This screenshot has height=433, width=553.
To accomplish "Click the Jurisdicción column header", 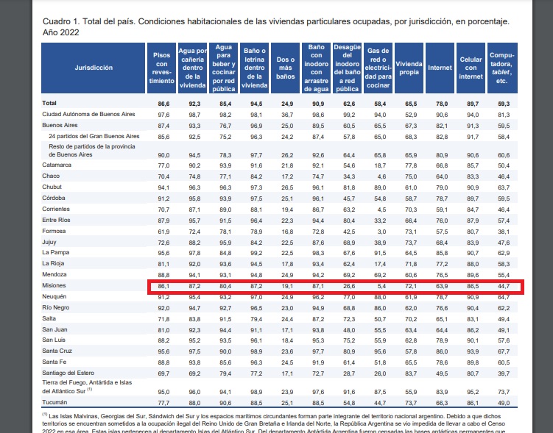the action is pyautogui.click(x=94, y=68).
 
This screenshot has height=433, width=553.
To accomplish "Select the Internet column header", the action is pyautogui.click(x=440, y=68).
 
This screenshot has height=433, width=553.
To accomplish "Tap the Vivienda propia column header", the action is pyautogui.click(x=409, y=68).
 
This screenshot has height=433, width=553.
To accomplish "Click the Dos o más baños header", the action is pyautogui.click(x=285, y=68).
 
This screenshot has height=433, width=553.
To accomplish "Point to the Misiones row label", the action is pyautogui.click(x=54, y=285).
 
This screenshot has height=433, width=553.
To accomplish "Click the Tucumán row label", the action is pyautogui.click(x=54, y=402).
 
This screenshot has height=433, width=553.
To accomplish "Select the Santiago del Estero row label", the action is pyautogui.click(x=68, y=373).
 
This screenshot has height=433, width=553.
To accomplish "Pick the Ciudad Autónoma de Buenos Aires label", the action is pyautogui.click(x=88, y=114).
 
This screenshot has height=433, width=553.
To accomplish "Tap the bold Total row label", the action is pyautogui.click(x=49, y=103).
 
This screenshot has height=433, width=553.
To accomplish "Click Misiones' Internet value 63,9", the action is pyautogui.click(x=442, y=286).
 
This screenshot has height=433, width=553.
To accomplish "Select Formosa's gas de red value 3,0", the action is pyautogui.click(x=381, y=232).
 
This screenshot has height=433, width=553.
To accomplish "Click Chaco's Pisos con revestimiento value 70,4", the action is pyautogui.click(x=163, y=176).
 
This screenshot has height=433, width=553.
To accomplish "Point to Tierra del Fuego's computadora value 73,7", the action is pyautogui.click(x=504, y=392).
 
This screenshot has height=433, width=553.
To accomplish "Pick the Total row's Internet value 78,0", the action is pyautogui.click(x=442, y=104).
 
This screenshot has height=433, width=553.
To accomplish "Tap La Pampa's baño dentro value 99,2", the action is pyautogui.click(x=256, y=253).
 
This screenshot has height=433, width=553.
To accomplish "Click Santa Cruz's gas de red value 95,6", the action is pyautogui.click(x=380, y=351).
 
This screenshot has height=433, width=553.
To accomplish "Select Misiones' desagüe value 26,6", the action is pyautogui.click(x=349, y=286).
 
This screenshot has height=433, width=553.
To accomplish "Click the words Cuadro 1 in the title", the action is pyautogui.click(x=61, y=21).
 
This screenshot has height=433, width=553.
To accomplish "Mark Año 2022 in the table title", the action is pyautogui.click(x=60, y=32).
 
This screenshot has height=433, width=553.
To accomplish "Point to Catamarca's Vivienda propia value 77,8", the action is pyautogui.click(x=411, y=165).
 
